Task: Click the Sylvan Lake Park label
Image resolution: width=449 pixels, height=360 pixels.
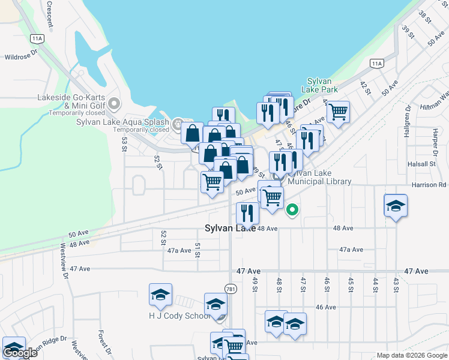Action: point(322,85)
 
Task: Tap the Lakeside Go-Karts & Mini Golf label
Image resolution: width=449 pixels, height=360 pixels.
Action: point(71,102)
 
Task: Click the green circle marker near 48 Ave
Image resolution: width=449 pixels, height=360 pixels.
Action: point(292,209)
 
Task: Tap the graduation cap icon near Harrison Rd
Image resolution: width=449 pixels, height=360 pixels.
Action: point(396,206)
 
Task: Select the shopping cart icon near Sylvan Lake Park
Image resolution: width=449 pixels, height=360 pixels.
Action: point(338,112)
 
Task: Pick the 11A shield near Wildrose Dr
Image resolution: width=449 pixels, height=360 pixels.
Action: point(38,38)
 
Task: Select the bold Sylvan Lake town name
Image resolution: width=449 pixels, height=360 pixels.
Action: point(231,228)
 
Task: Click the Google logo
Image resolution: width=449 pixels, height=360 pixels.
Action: point(20,353)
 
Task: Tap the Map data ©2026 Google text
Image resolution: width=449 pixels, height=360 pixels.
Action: point(411,355)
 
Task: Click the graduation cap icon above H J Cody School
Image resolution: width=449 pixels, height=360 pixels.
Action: point(160,295)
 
